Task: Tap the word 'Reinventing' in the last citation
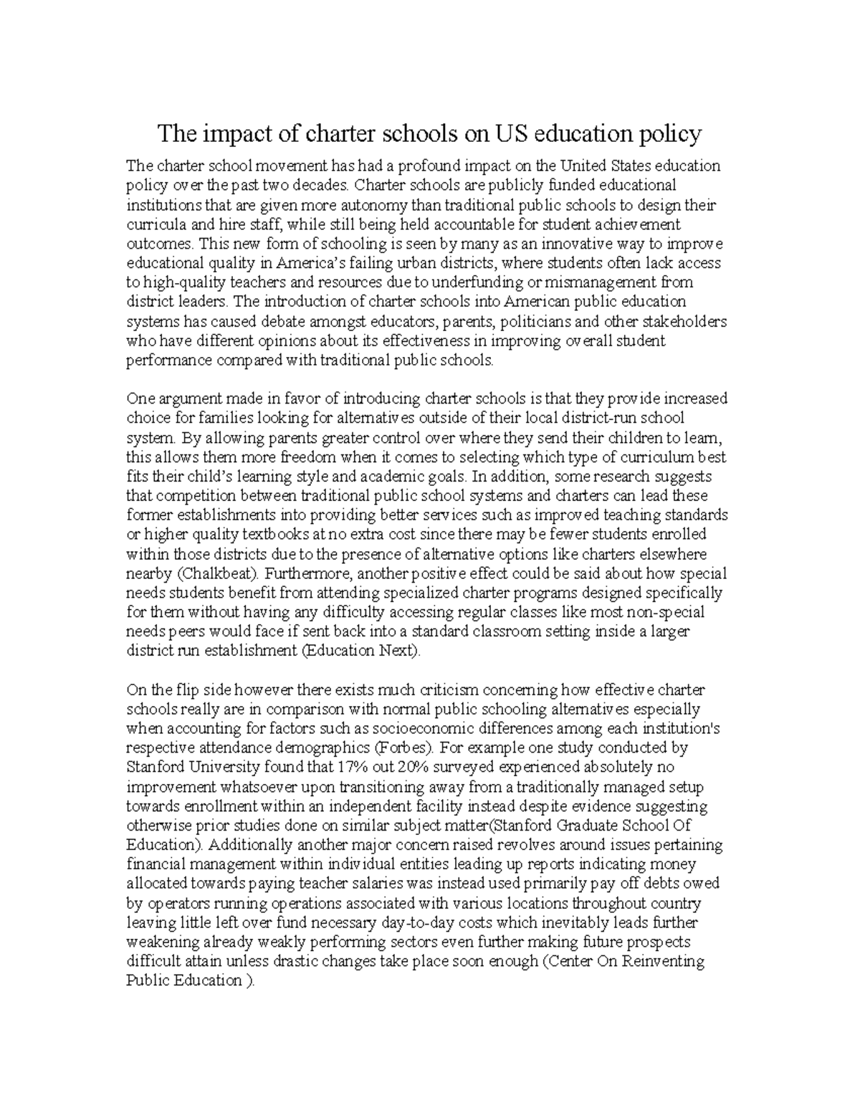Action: pos(665,960)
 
